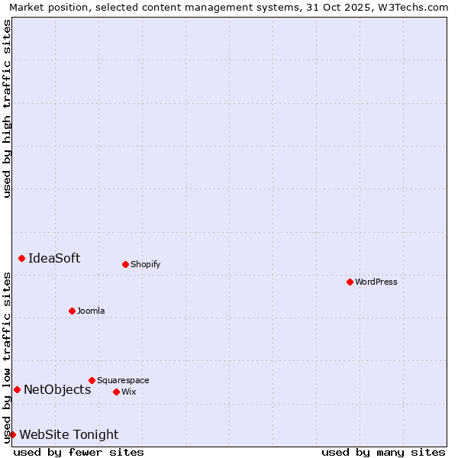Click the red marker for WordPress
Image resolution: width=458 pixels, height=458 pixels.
coord(350,282)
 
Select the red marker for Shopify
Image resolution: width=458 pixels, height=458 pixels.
coord(125,264)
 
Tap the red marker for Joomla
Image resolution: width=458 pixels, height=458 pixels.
coord(72,311)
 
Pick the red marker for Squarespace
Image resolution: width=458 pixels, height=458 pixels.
coord(92,380)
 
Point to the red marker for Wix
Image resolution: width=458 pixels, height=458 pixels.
coord(116,392)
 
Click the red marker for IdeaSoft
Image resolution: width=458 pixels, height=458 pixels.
coord(21,258)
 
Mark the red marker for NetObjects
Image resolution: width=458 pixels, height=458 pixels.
coord(17,389)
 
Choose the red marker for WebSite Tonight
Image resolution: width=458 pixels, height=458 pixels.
coord(12,434)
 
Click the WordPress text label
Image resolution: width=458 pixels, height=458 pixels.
coord(376,282)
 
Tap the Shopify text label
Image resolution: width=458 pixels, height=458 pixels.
coord(146,264)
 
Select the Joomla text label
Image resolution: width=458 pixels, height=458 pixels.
coord(91,311)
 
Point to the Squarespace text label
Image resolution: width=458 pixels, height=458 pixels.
coord(123,380)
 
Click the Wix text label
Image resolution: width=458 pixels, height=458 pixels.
coord(129,392)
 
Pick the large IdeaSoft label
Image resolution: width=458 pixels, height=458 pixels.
coord(54,258)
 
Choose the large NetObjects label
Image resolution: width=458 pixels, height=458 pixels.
coord(57,389)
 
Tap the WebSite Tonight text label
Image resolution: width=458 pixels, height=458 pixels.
coord(69,434)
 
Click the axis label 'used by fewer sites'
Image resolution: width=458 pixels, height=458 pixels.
coord(79,452)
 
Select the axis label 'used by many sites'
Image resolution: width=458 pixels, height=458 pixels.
coord(383,452)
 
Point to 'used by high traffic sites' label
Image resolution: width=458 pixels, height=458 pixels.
coord(7,108)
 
